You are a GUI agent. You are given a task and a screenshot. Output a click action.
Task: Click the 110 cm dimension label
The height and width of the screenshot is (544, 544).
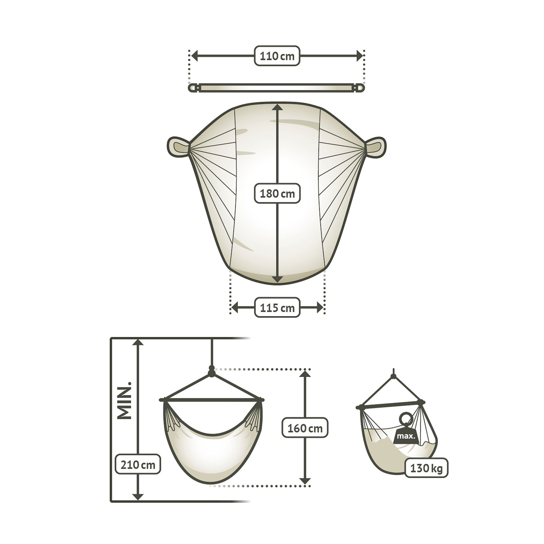(x=277, y=56)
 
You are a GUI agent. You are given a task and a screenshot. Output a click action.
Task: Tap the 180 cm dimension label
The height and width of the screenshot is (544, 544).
(x=277, y=193)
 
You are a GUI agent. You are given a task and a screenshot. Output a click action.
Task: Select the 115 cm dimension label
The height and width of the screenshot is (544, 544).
(x=277, y=307)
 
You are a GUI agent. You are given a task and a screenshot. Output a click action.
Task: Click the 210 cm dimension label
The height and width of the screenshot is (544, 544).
(x=138, y=464)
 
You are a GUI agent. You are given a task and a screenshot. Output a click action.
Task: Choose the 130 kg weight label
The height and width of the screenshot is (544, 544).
(x=426, y=468)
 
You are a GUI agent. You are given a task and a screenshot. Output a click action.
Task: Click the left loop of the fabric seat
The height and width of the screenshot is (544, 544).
(x=178, y=146)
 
